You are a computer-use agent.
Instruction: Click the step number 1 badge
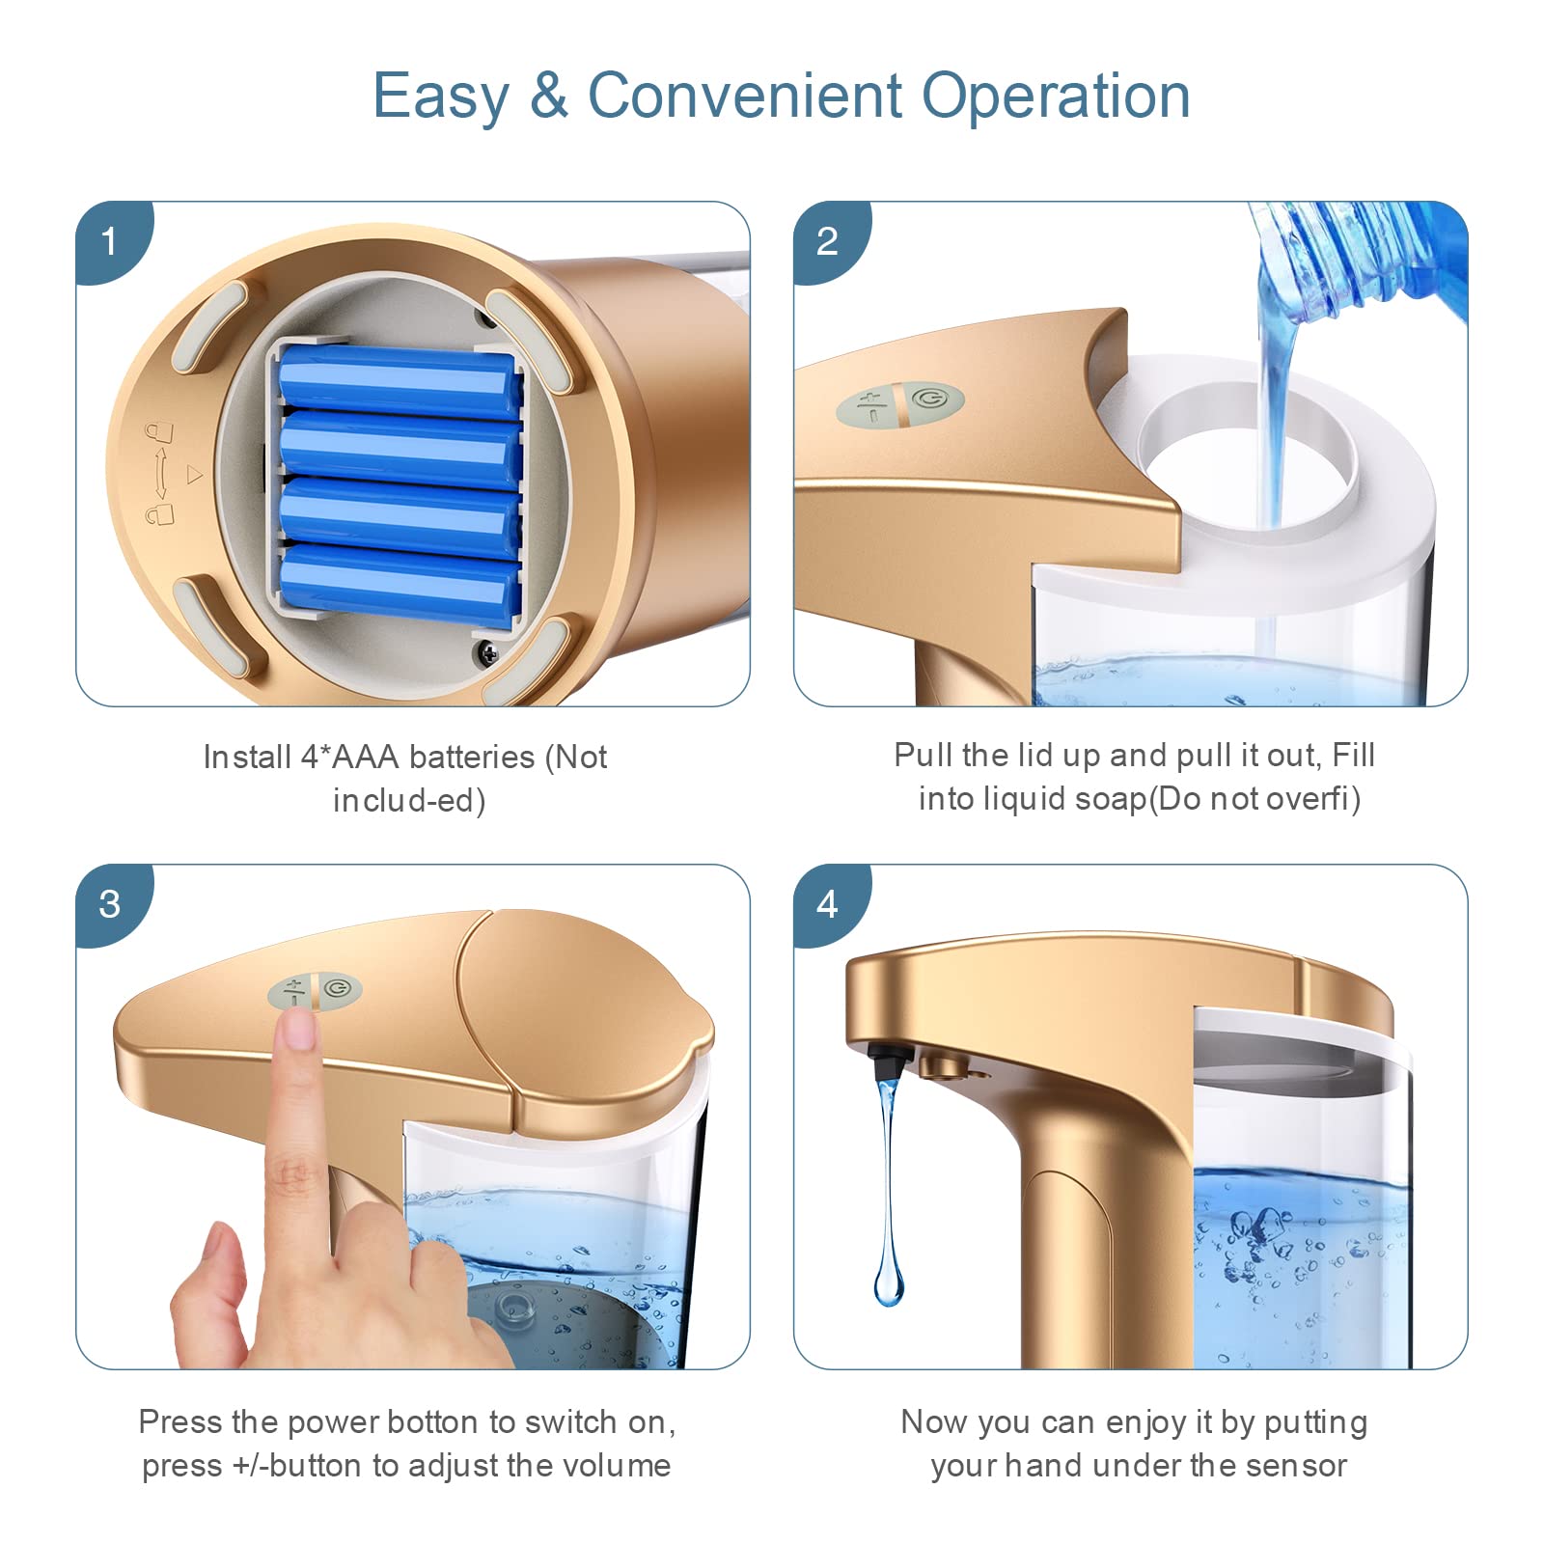(x=110, y=240)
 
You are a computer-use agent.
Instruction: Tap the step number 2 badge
(x=828, y=240)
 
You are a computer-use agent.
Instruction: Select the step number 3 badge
(x=110, y=904)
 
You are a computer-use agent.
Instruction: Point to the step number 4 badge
(x=828, y=904)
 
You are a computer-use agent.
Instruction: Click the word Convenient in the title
(x=746, y=96)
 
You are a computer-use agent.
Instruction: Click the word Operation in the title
(x=1056, y=97)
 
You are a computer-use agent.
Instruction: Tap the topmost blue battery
(x=400, y=383)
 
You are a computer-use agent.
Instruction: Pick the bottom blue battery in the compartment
(x=400, y=584)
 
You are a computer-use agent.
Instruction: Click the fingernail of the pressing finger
(x=301, y=1030)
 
